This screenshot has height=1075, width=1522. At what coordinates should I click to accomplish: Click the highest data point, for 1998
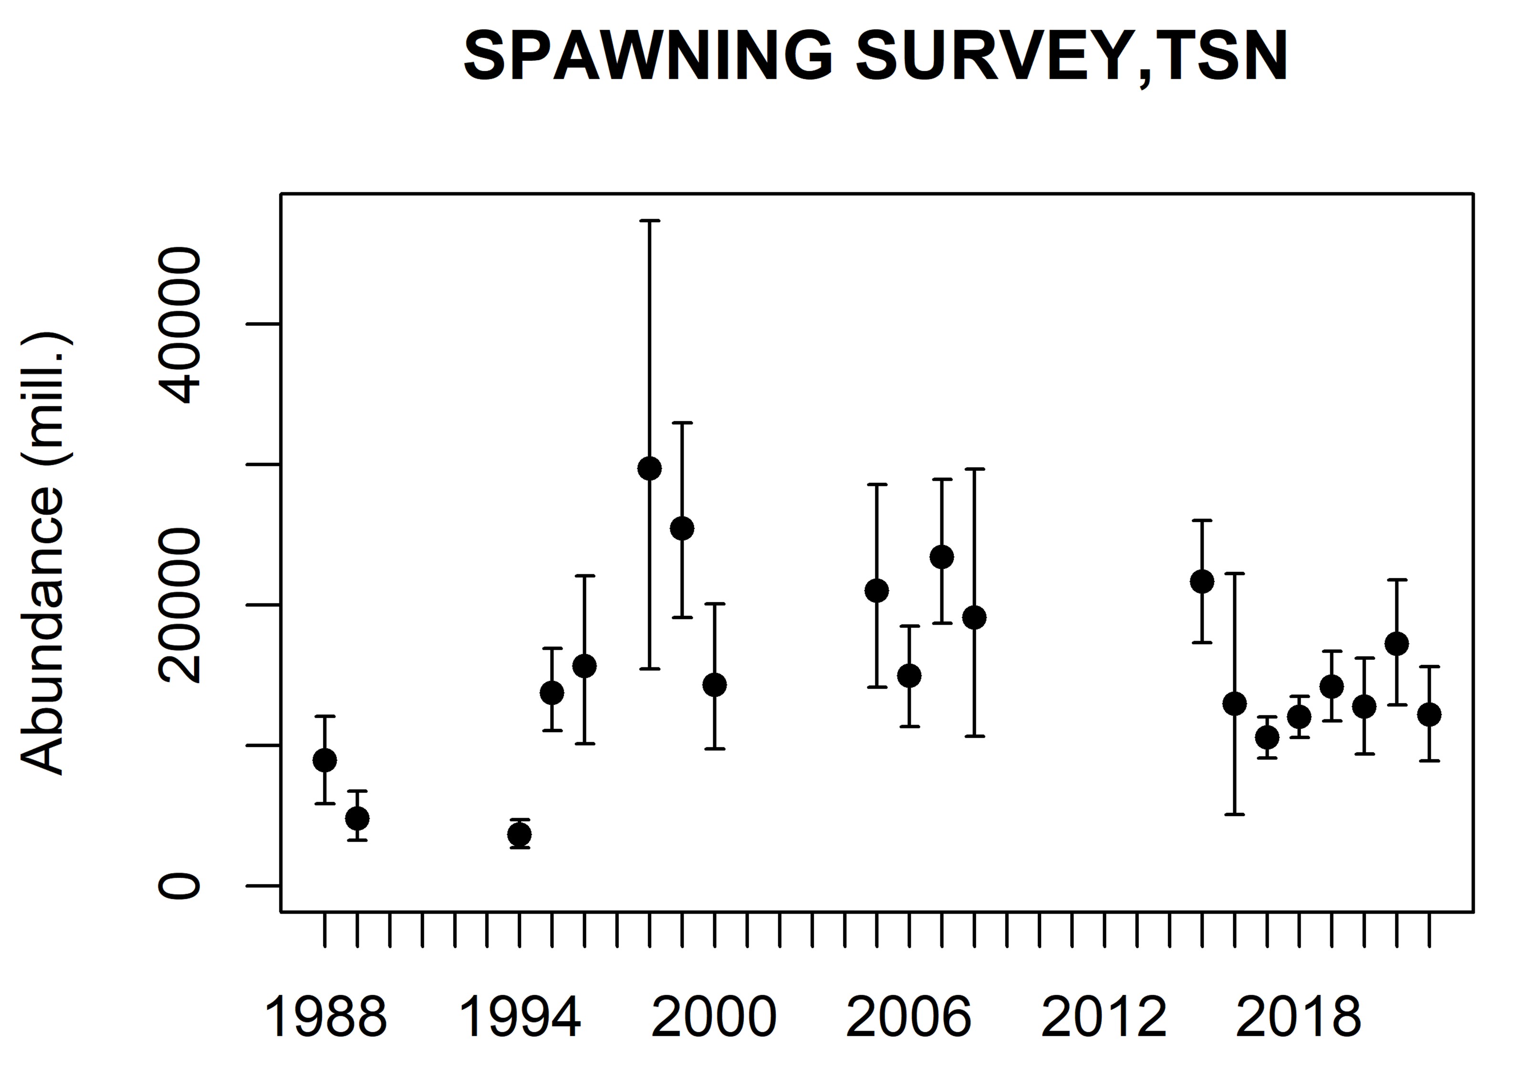pyautogui.click(x=650, y=468)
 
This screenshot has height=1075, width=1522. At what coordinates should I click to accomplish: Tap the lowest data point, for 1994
pyautogui.click(x=520, y=835)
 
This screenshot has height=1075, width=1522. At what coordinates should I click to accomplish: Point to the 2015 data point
pyautogui.click(x=1202, y=581)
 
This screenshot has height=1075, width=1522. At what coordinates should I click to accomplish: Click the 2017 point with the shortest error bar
pyautogui.click(x=1267, y=738)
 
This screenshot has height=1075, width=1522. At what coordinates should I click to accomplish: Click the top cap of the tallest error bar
pyautogui.click(x=650, y=220)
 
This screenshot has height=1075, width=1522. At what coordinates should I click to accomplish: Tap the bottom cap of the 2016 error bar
pyautogui.click(x=1234, y=814)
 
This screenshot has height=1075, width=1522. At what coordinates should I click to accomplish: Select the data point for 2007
pyautogui.click(x=942, y=557)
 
